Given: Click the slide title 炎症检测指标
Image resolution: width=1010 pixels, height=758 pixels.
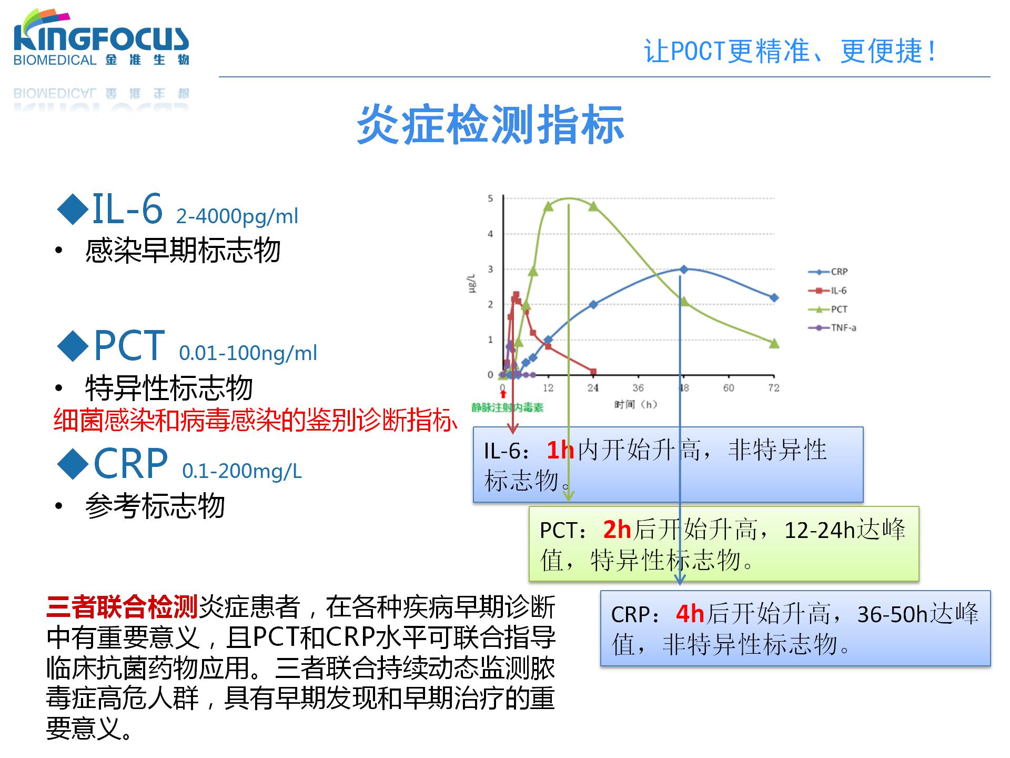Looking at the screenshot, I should click(490, 125).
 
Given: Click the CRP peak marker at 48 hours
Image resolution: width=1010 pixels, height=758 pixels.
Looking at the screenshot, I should click(684, 270).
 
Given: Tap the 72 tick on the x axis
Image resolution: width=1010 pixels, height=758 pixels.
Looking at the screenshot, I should click(773, 388).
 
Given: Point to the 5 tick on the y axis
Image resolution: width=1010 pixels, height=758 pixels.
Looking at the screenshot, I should click(490, 198).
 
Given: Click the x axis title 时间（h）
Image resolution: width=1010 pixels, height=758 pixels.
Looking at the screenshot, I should click(635, 404).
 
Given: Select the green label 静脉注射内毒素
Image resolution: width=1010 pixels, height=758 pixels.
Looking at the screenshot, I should click(507, 407).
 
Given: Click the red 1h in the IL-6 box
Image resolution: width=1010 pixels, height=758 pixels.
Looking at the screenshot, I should click(560, 451).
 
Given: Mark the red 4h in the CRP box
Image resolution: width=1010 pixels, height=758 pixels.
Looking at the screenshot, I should click(690, 614).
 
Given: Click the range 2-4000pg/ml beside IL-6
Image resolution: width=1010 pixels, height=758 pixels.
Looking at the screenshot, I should click(237, 216).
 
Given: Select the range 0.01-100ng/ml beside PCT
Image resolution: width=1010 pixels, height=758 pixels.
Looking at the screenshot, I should click(248, 353).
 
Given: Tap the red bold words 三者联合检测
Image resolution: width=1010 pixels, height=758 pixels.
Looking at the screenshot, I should click(122, 607).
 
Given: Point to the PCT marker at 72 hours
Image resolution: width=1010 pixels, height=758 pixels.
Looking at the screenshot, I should click(774, 344).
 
